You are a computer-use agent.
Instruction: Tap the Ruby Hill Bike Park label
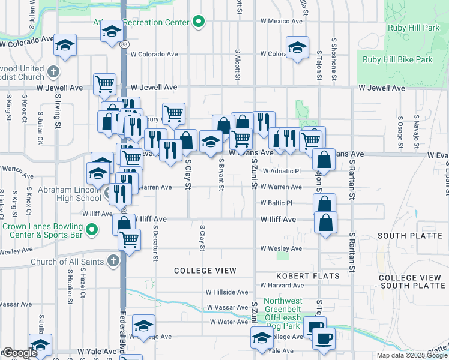pyautogui.click(x=398, y=60)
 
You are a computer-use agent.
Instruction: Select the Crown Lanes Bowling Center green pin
pyautogui.click(x=91, y=230)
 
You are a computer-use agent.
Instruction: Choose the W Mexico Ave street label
pyautogui.click(x=281, y=21)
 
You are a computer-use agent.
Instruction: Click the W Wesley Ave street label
pyautogui.click(x=280, y=248)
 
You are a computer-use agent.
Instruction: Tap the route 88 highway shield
pyautogui.click(x=123, y=45)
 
